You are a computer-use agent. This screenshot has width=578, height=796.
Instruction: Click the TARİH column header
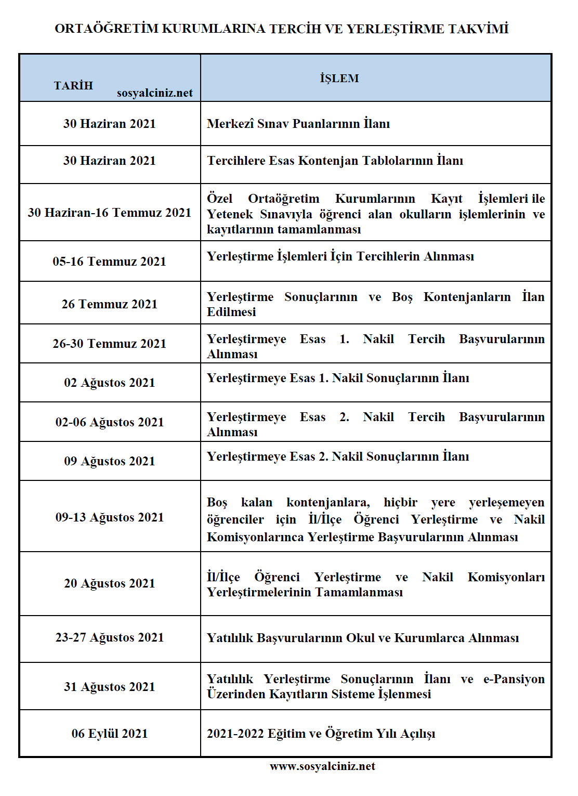73,86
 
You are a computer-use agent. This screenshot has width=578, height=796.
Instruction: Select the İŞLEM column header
339,79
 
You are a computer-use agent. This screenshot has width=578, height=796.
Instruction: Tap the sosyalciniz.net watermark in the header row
154,93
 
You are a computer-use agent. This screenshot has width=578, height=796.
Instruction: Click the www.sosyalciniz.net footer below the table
322,766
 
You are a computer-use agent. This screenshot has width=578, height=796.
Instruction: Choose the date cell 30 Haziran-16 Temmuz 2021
110,213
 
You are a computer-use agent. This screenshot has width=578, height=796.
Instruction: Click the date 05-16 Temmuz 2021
110,262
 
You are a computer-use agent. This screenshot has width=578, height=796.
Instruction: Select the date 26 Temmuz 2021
110,304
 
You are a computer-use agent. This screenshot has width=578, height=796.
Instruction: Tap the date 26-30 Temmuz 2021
110,344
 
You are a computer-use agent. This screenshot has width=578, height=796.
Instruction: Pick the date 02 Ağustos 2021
110,383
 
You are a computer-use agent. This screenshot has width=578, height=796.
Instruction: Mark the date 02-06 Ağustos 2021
110,422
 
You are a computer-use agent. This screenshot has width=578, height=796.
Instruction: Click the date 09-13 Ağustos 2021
110,517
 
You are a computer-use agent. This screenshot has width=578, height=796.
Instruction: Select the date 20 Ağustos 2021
110,583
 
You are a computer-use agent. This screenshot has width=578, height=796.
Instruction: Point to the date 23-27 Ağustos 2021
110,637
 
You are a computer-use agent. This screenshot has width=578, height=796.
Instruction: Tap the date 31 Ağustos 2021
110,687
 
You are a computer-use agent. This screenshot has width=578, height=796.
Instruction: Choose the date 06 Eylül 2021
110,734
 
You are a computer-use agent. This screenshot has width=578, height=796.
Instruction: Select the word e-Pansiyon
514,679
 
